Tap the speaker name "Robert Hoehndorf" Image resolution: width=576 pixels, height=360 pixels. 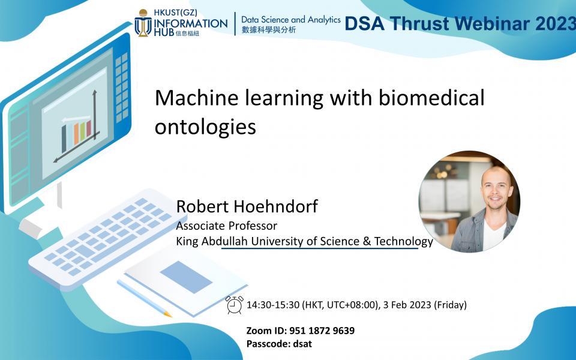(247, 207)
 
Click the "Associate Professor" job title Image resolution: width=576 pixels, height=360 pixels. (226, 226)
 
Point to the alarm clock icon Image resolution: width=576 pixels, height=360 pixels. (235, 305)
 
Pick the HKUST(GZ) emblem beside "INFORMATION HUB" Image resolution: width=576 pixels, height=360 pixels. (143, 23)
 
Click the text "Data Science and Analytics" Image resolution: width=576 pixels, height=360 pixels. (290, 20)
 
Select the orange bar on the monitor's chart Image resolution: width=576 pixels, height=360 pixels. (76, 133)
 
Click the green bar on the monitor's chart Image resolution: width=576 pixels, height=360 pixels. (83, 131)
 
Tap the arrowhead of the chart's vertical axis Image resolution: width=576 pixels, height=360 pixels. (94, 92)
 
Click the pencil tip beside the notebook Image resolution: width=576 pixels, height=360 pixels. (169, 314)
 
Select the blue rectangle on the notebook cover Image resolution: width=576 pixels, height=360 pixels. (186, 277)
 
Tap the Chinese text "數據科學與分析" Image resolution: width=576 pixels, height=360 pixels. (268, 31)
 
